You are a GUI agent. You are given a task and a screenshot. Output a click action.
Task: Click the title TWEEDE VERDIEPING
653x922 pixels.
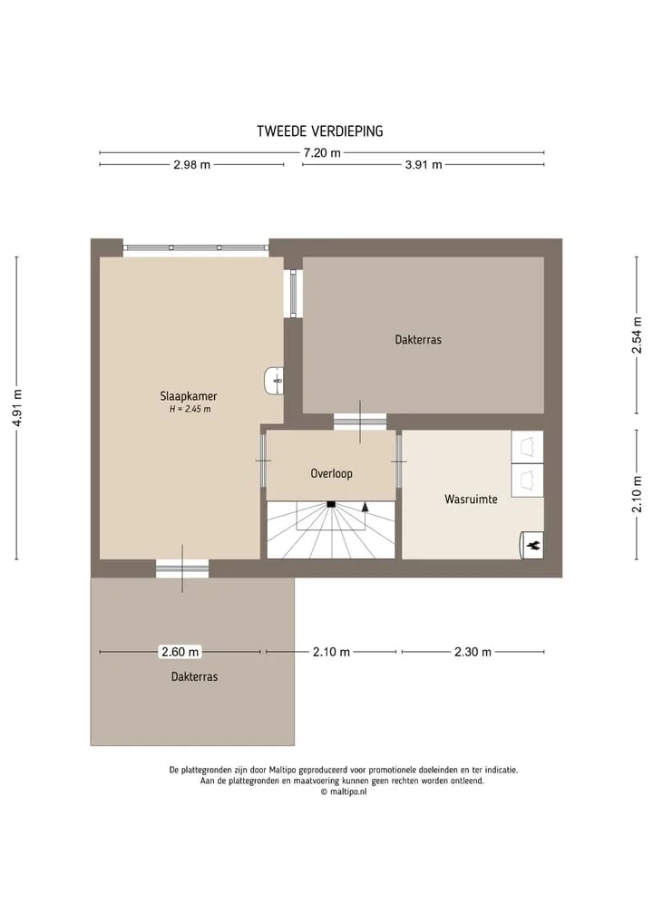(320, 131)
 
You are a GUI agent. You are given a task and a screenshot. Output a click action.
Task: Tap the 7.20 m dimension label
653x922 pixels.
(322, 153)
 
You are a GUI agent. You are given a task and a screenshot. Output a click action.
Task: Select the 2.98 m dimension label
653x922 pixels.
(191, 165)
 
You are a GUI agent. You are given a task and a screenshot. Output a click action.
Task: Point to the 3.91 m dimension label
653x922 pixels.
(423, 165)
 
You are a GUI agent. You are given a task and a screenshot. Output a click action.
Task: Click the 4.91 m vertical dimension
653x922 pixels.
(17, 408)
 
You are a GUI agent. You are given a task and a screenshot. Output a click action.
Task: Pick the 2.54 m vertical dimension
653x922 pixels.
(637, 335)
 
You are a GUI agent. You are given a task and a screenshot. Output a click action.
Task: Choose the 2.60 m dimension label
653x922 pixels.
(180, 652)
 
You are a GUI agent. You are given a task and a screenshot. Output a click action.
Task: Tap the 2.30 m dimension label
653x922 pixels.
(473, 652)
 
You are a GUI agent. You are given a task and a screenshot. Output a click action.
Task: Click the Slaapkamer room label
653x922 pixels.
(189, 396)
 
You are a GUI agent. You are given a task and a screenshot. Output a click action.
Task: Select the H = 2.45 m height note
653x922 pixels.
(190, 409)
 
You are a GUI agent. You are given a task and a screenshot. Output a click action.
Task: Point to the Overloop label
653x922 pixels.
(331, 473)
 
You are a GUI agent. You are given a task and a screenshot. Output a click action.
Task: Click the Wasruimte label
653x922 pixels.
(471, 500)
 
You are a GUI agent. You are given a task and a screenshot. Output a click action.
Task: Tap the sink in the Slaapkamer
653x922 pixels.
(274, 381)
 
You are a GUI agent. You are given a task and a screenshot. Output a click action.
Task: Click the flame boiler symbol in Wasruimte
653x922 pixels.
(532, 546)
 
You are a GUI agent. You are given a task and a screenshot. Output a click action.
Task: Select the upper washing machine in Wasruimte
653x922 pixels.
(527, 447)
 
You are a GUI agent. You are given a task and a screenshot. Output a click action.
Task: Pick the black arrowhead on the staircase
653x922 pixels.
(365, 506)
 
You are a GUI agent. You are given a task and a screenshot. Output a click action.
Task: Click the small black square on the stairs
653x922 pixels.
(331, 504)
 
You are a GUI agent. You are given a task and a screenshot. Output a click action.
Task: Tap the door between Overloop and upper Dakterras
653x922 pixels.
(360, 422)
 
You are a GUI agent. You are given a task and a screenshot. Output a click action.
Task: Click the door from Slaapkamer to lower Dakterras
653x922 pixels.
(182, 568)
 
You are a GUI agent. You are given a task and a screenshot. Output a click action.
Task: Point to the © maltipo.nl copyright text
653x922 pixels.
(344, 791)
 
